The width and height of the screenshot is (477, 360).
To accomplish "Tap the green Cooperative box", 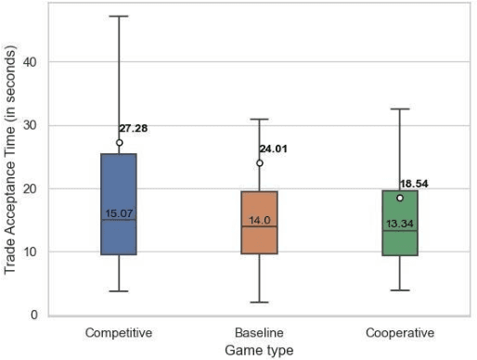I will tap(400, 223).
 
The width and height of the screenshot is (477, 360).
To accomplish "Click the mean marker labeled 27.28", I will tap(119, 143).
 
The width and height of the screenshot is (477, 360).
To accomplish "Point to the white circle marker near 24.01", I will tap(259, 163).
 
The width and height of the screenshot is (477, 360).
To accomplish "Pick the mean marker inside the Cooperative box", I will tap(400, 198).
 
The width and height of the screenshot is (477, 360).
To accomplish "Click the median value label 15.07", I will tap(119, 213).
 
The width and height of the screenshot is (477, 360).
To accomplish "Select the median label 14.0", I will tap(259, 220).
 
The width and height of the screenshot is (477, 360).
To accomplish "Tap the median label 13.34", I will tap(400, 224).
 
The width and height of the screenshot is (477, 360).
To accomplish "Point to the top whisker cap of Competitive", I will tap(119, 16).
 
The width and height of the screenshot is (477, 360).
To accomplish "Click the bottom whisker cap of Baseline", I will tap(259, 302).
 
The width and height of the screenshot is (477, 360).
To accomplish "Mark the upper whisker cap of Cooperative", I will tap(400, 109).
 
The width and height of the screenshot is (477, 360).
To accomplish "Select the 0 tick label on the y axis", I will tap(34, 315).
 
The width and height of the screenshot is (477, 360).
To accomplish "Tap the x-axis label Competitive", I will tap(119, 332).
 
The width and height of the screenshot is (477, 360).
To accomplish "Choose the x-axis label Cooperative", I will tap(400, 332).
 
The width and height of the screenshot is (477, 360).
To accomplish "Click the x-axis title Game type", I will tap(259, 350).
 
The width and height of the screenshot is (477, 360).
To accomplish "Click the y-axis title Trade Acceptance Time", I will tap(10, 174).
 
